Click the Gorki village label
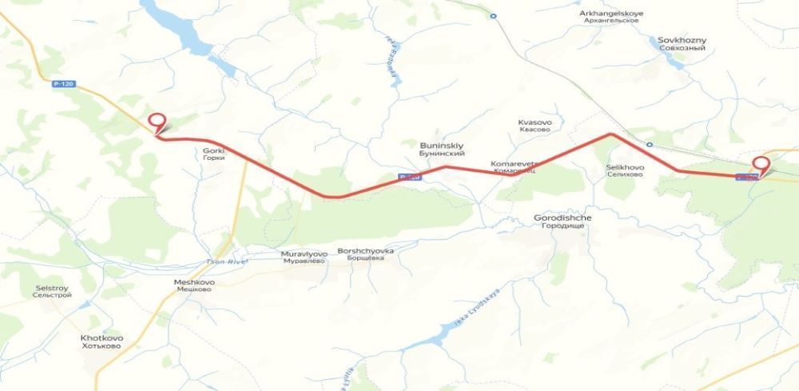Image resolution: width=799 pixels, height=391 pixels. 213,154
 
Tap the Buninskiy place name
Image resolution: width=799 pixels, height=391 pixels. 442,149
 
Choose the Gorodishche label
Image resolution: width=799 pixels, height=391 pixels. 562,221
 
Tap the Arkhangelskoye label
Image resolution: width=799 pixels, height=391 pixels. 611,17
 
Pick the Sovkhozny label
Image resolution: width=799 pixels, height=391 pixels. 682,43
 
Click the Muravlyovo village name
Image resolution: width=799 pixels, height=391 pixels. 304,257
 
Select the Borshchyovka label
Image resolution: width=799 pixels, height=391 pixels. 367,254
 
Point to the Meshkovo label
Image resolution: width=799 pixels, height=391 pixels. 193,285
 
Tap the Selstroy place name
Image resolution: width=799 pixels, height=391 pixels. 53,291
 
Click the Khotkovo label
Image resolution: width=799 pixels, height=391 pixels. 101,341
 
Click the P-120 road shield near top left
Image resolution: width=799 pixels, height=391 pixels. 62,82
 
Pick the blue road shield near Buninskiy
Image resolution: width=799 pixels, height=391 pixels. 409,177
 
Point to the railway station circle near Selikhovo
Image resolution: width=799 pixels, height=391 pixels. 650,145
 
